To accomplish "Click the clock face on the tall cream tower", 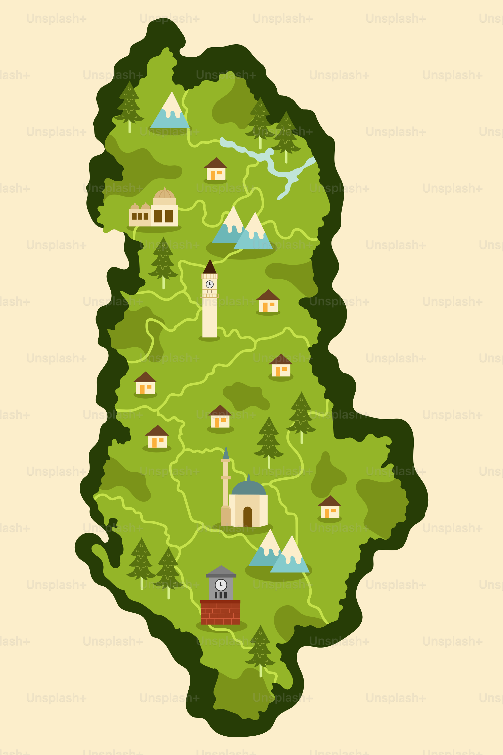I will click(x=209, y=284).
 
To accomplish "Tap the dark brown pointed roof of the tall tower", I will click(x=210, y=267).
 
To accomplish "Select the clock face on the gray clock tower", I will click(x=221, y=585).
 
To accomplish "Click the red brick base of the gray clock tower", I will click(x=220, y=613).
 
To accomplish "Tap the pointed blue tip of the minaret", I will click(x=226, y=453).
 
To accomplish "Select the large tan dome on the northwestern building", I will click(x=164, y=194).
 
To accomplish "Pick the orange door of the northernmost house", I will click(x=213, y=175).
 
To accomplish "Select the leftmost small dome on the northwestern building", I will click(x=135, y=206).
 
